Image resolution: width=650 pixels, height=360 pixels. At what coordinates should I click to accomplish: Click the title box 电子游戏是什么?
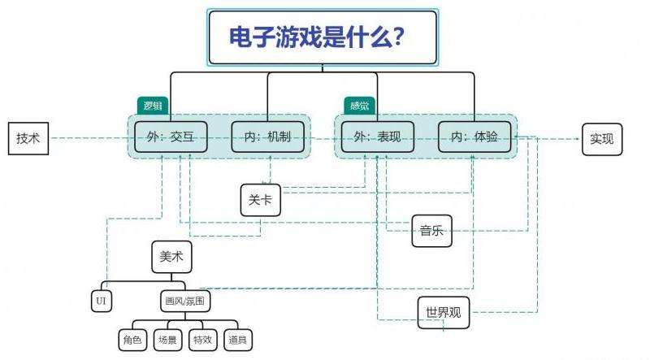point(323,37)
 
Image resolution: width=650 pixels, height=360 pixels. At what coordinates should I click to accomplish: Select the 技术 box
point(28,138)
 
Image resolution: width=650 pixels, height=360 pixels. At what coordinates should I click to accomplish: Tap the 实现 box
point(602,138)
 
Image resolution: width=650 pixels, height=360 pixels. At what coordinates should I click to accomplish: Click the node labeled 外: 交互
point(171,138)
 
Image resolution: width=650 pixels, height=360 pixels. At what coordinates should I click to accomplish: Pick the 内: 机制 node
point(267,138)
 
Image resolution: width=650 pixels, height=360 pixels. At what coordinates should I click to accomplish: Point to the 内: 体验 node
point(474,138)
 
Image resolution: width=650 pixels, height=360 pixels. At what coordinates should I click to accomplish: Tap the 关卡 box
point(261,200)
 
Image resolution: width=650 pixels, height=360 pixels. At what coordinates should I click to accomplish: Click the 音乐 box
point(431,231)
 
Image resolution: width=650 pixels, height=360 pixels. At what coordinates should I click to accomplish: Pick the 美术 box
point(171,256)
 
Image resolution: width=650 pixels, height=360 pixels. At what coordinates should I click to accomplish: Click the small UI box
point(101,301)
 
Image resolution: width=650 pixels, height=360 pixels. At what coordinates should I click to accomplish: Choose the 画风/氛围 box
point(185,301)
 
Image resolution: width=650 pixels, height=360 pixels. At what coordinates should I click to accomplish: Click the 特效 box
point(202,340)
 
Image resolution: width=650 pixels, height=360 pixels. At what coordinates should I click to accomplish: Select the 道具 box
point(238,340)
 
